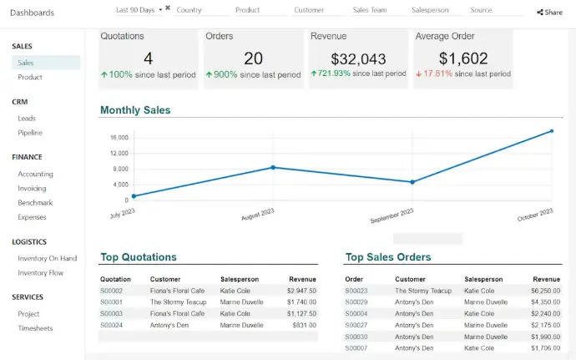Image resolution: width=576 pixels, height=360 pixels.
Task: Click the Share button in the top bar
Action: click(x=549, y=13)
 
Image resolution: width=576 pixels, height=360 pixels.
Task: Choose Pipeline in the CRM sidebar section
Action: click(x=30, y=133)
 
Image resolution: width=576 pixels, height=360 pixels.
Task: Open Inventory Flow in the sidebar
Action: click(x=41, y=273)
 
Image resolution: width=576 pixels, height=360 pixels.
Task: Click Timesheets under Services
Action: click(x=35, y=328)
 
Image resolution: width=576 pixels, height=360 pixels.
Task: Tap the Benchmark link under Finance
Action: click(x=35, y=203)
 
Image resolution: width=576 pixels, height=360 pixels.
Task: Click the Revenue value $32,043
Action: click(x=358, y=58)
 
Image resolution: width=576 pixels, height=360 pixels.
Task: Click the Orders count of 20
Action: click(x=253, y=58)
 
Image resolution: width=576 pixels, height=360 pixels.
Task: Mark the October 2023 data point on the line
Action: click(x=552, y=131)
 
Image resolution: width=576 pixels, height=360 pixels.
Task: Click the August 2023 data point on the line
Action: click(x=273, y=167)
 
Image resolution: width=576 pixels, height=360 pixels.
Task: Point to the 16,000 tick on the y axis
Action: click(x=119, y=138)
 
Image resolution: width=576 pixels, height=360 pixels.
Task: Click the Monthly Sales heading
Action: click(x=135, y=110)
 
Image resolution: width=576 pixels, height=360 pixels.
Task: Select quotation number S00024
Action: click(x=111, y=325)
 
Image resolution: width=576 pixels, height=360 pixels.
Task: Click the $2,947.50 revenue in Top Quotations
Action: click(x=301, y=291)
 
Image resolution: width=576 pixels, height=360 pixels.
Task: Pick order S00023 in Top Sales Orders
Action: click(x=356, y=291)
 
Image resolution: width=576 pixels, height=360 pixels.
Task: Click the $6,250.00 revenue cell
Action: click(x=546, y=291)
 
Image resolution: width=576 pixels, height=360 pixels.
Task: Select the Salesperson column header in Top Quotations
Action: click(x=240, y=279)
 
